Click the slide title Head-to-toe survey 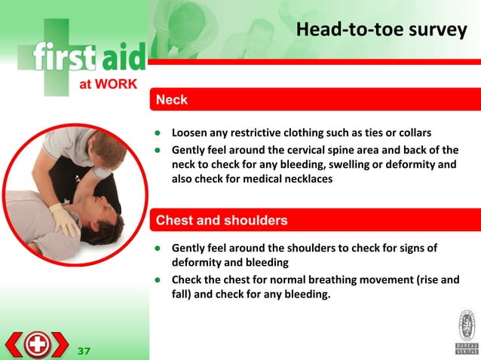pyautogui.click(x=381, y=31)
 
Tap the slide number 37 pyautogui.click(x=84, y=351)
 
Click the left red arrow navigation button pyautogui.click(x=14, y=345)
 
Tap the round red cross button pyautogui.click(x=36, y=345)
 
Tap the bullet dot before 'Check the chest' pyautogui.click(x=158, y=280)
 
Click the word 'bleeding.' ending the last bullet pyautogui.click(x=307, y=295)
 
